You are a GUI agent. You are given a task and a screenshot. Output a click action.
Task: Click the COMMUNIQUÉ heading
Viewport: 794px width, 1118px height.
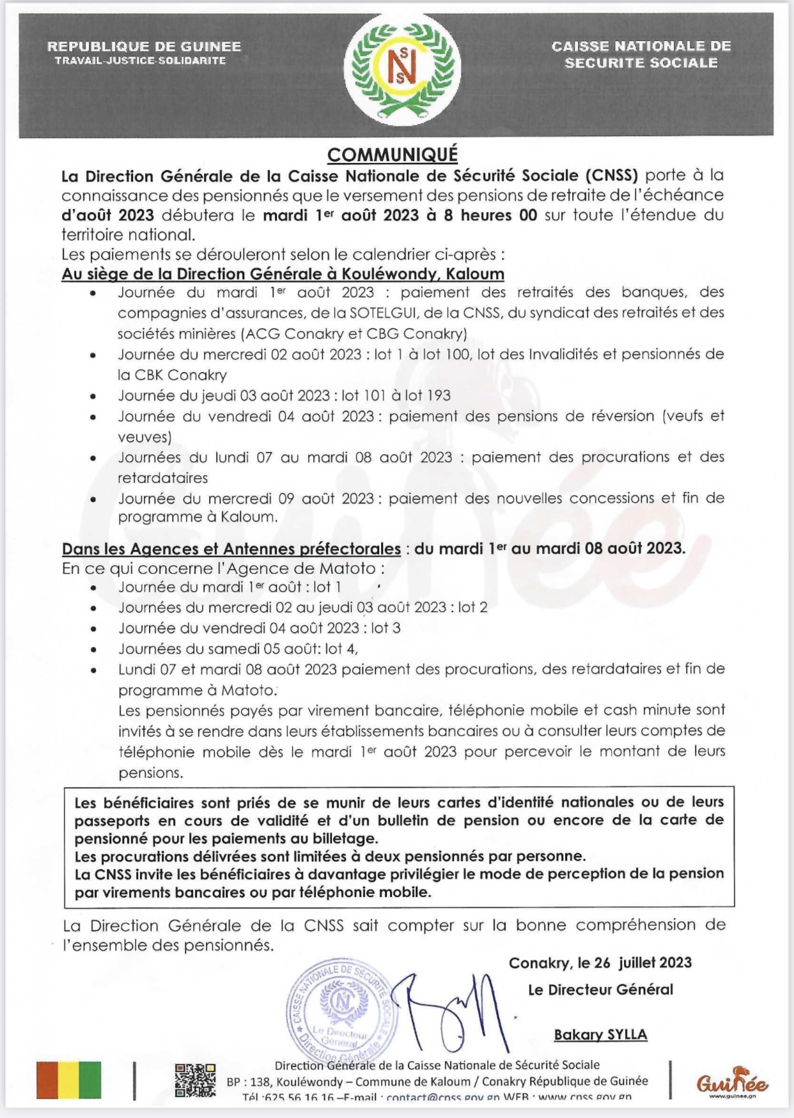click(393, 155)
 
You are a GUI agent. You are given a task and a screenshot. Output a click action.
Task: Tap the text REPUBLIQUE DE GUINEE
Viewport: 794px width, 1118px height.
click(144, 47)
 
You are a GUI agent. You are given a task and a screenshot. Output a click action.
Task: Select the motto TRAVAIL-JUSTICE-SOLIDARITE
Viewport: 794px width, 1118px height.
click(140, 61)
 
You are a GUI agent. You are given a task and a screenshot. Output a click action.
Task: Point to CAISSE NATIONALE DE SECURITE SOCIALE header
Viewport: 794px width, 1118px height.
click(641, 54)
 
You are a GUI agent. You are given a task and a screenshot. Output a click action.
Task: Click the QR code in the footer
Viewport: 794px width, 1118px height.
click(195, 1080)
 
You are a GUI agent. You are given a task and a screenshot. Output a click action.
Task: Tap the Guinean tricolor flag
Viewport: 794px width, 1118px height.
click(69, 1080)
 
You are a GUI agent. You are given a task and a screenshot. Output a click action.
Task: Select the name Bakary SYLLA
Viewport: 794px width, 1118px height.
click(600, 1034)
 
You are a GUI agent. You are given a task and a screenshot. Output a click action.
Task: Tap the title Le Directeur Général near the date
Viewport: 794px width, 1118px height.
click(600, 990)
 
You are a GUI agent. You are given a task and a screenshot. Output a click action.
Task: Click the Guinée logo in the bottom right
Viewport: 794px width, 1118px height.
click(732, 1081)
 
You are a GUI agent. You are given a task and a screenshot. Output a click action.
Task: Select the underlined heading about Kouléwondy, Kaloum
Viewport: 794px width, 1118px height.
click(283, 274)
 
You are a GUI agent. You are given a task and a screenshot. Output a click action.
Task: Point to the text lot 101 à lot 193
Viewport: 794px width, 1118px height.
click(396, 395)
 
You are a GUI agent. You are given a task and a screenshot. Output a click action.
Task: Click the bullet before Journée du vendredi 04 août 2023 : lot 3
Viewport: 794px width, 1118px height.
click(94, 629)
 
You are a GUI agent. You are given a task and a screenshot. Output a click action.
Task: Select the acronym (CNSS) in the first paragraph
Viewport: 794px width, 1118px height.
click(610, 175)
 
